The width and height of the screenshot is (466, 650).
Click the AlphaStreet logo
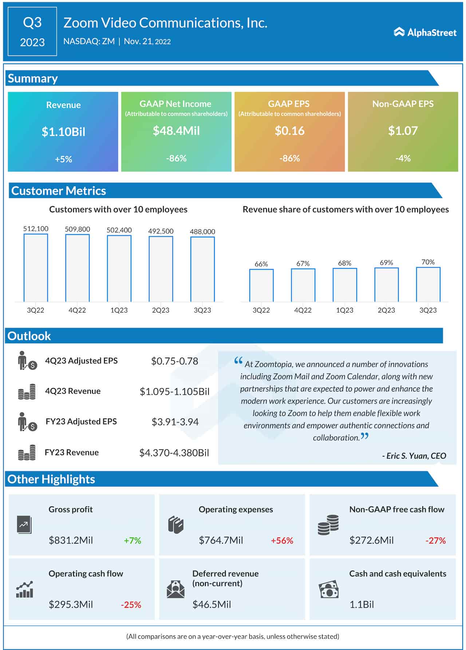coord(425,32)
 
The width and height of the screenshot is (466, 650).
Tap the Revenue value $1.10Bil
coord(63,131)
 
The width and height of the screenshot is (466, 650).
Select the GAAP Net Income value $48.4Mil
coord(176,131)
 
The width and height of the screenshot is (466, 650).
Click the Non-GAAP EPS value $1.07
coord(403,131)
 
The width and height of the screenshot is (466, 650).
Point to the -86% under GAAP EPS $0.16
coord(289,158)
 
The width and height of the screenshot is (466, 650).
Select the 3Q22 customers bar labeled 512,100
coord(36,268)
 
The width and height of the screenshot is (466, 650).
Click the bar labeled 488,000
coord(202,269)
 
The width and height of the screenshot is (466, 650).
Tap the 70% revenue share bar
coord(428,284)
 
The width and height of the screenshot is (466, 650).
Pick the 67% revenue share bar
coord(303,285)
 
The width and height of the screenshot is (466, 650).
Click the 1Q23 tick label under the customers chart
coord(119,310)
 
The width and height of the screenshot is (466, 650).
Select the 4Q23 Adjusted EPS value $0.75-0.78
coord(175,361)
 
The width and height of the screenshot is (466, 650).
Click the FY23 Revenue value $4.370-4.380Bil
coord(174,453)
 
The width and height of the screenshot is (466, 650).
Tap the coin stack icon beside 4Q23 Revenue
coord(27,392)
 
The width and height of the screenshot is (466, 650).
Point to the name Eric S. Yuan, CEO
coord(414,456)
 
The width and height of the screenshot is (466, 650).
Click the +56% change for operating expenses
coord(282,540)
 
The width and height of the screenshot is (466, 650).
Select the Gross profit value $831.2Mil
coord(71,540)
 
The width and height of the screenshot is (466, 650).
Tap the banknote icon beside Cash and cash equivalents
coord(328,590)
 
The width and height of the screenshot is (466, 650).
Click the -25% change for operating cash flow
coord(131,605)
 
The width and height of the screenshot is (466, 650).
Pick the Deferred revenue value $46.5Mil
coord(212,605)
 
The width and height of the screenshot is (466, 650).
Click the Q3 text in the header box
coord(32,23)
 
